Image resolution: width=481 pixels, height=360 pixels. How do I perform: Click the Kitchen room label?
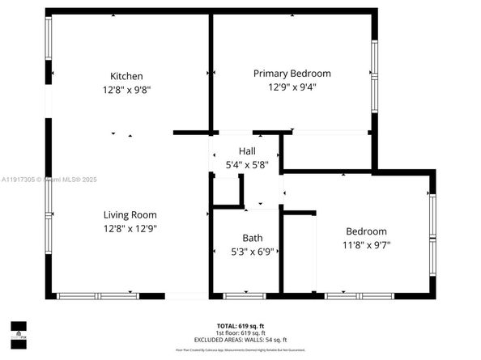click(x=130, y=76)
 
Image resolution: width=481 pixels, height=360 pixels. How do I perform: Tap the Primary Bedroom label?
click(x=292, y=73)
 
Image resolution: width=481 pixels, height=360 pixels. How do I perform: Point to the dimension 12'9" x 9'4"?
click(x=292, y=87)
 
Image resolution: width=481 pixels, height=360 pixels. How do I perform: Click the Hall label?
click(x=247, y=151)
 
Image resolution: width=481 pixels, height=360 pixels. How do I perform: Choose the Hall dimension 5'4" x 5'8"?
click(x=247, y=164)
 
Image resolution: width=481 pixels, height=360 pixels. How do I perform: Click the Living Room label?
click(x=130, y=214)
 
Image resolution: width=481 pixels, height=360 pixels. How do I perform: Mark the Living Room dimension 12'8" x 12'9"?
click(x=130, y=228)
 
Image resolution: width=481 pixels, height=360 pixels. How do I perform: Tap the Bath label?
click(x=252, y=238)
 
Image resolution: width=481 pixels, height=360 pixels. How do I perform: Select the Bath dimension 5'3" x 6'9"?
click(x=252, y=252)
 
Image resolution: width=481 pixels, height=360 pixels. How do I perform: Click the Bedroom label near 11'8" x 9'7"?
click(x=366, y=231)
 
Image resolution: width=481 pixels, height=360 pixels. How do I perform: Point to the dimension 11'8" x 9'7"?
click(x=366, y=244)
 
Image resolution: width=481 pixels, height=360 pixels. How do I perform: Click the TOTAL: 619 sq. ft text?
click(x=252, y=324)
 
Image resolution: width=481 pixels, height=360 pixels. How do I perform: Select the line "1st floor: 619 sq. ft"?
click(x=252, y=332)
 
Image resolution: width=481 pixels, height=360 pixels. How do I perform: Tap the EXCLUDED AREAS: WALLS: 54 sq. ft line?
click(x=252, y=339)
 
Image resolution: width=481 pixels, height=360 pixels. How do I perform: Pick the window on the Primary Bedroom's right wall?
click(x=374, y=76)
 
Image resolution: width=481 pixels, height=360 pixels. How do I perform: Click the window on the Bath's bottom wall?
click(x=244, y=296)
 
